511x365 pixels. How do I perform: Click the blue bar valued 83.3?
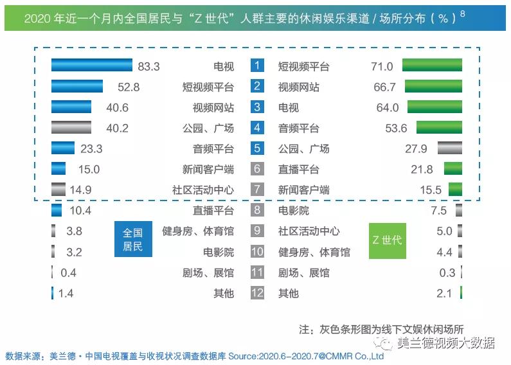tap(91, 66)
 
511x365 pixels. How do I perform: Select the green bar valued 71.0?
tap(432, 66)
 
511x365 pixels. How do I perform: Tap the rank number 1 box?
tap(257, 66)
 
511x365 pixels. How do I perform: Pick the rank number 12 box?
tap(257, 293)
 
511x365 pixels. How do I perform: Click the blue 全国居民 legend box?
tap(132, 239)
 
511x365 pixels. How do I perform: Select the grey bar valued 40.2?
tap(71, 128)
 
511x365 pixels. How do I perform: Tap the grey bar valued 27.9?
tap(449, 148)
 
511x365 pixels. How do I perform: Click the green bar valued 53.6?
tap(439, 128)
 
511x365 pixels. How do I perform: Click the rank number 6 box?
tap(257, 169)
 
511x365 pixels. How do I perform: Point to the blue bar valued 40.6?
tap(71, 107)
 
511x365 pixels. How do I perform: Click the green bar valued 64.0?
tap(435, 107)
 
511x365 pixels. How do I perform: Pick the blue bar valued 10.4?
tap(57, 210)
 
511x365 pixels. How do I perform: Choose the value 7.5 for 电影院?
tap(438, 210)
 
